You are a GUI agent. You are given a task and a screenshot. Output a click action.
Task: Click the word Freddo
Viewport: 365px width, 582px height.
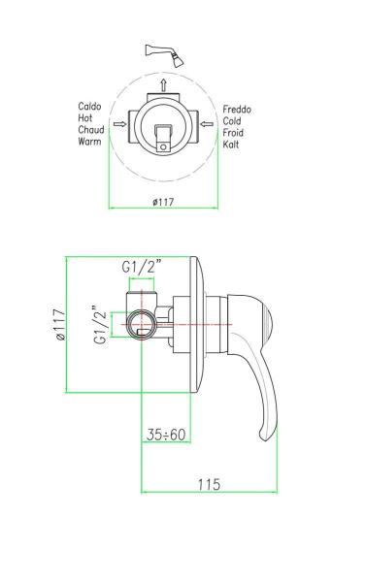(238, 110)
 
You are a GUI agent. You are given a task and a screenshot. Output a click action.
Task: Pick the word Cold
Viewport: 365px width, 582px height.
(233, 121)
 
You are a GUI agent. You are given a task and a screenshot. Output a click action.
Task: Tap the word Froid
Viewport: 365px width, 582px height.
(235, 133)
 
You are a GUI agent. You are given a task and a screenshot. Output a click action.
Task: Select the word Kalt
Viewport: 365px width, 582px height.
(232, 145)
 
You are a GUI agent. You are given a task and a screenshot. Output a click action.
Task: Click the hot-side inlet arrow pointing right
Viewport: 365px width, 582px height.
(118, 124)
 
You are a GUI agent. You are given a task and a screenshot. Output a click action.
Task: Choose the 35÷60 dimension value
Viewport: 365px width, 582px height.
(169, 435)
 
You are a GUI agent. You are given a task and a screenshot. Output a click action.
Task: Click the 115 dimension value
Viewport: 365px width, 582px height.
(210, 483)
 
